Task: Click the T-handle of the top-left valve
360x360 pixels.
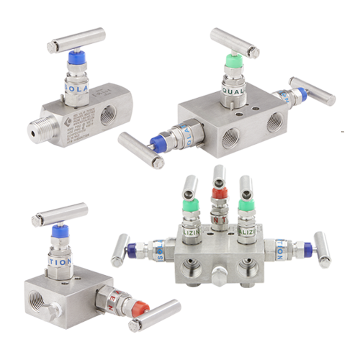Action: (x=75, y=40)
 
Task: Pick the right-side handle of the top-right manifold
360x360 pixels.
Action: (x=311, y=92)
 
